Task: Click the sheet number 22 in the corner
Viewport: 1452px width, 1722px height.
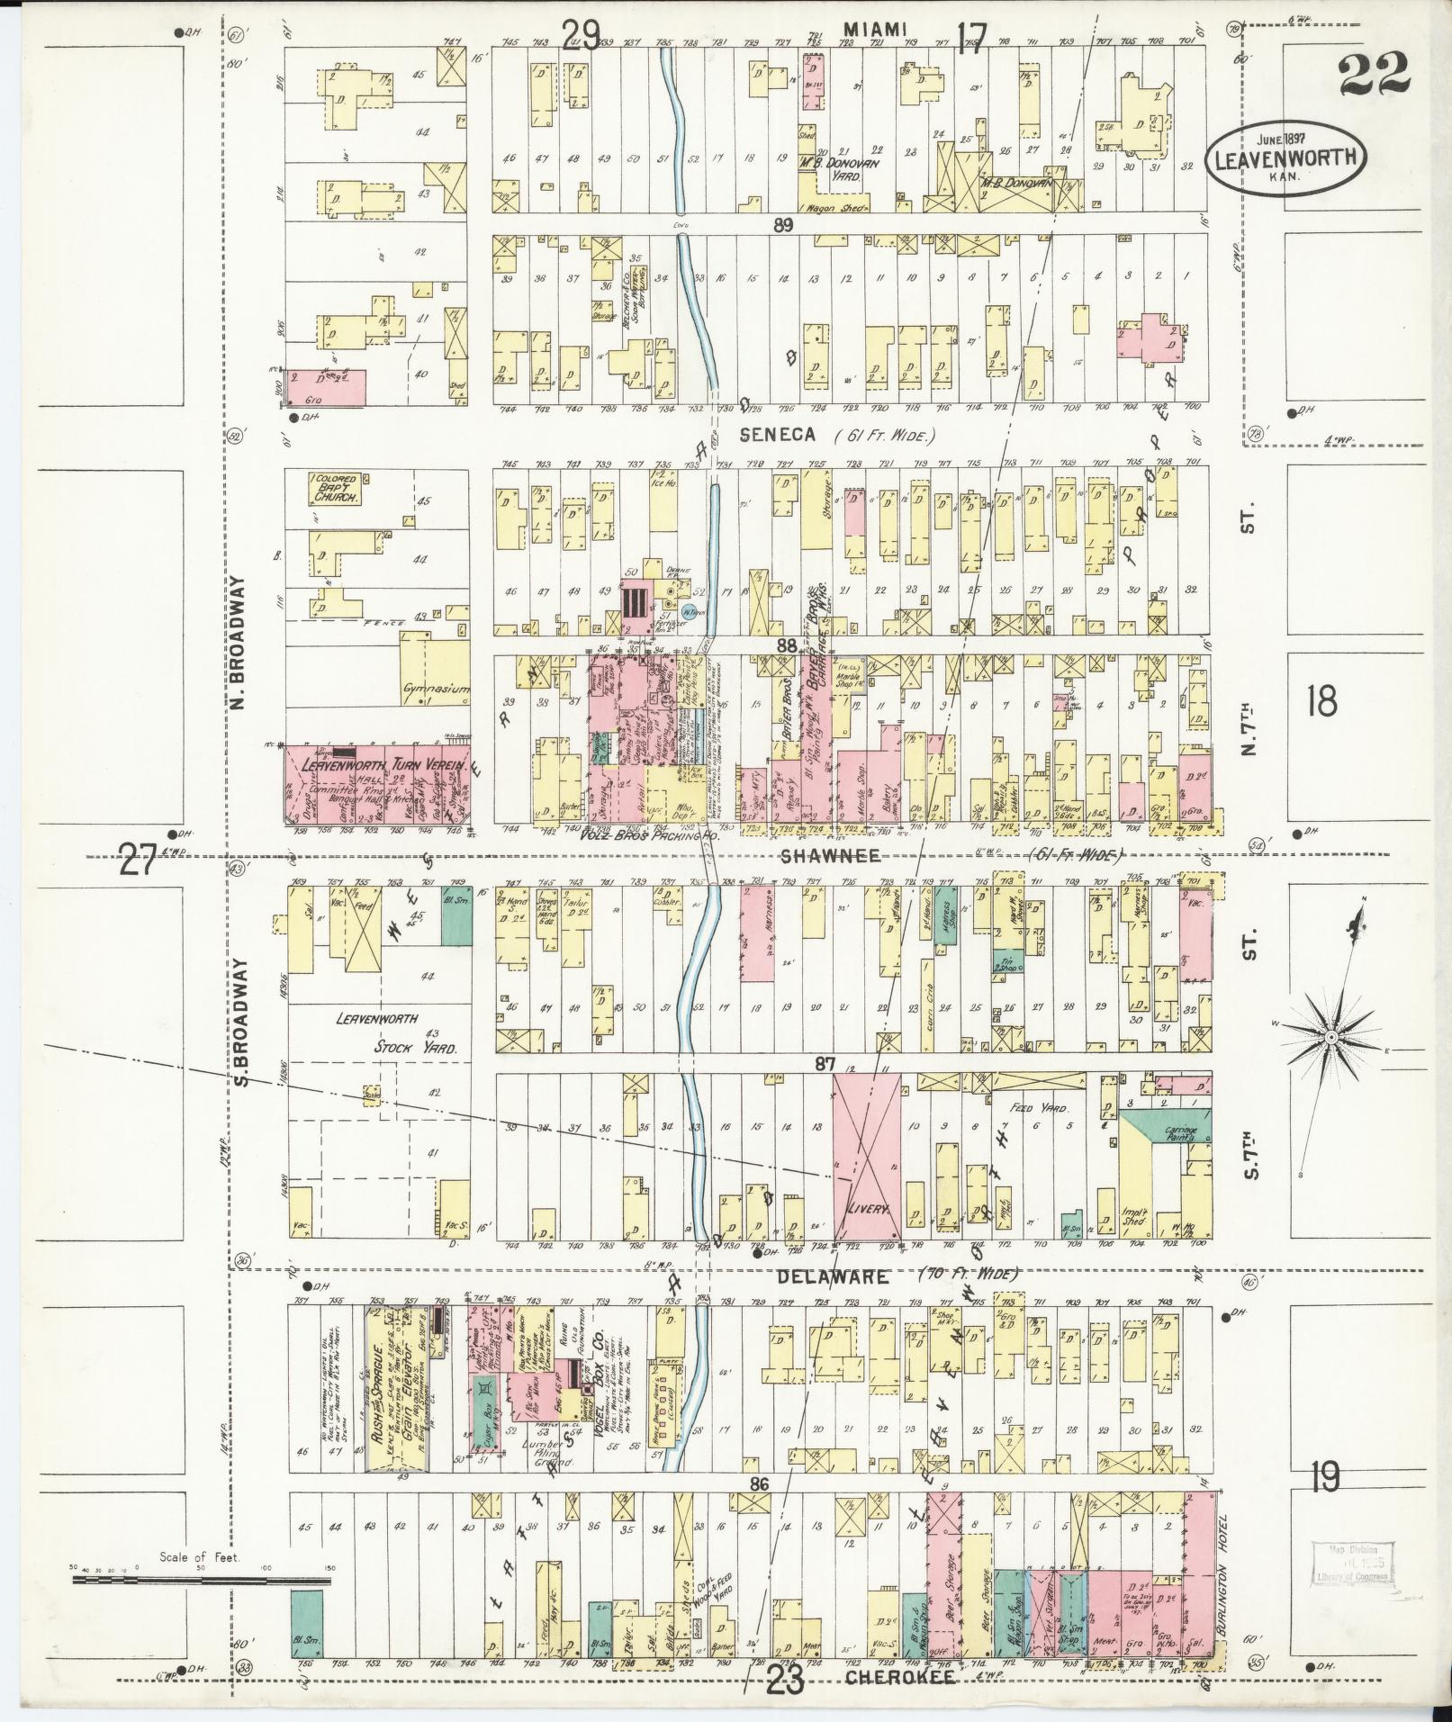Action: coord(1373,75)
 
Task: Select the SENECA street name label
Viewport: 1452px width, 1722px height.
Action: coord(779,436)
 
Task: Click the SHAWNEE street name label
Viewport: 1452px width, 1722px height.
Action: coord(816,858)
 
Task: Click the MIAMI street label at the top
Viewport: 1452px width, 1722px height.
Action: coord(873,30)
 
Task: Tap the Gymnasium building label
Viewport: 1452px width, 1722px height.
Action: coord(436,690)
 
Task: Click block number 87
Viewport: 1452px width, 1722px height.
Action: coord(825,1064)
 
